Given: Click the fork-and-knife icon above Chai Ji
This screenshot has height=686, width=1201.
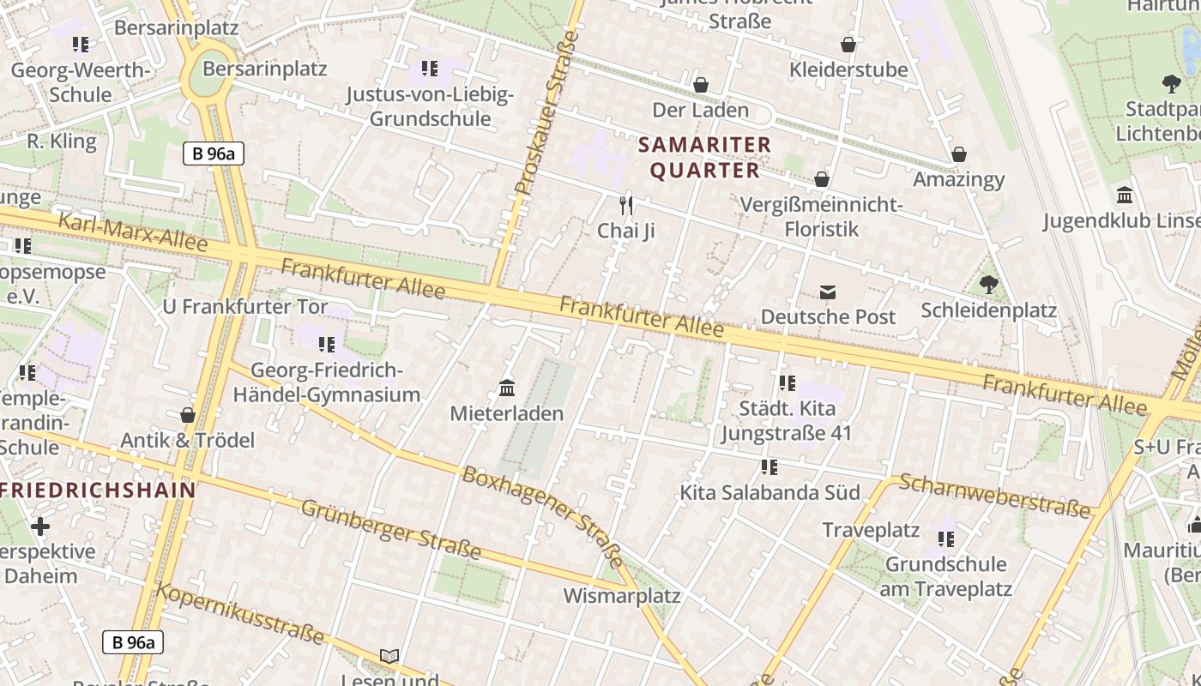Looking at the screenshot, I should coord(626,205).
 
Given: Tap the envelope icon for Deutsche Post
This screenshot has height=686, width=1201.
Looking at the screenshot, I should coord(828,292).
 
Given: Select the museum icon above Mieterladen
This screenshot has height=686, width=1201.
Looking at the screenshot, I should coord(507,389).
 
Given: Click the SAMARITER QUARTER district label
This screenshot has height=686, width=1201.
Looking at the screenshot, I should coord(705,157).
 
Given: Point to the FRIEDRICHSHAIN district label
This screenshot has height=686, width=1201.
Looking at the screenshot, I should coord(99,490).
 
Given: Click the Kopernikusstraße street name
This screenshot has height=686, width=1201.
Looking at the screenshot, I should coord(240,613).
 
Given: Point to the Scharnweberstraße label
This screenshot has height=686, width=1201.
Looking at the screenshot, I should coord(995,496).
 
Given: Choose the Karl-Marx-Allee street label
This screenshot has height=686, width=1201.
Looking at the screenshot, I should coord(132,232).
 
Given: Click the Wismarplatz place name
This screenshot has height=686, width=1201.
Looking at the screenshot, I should coord(621,595).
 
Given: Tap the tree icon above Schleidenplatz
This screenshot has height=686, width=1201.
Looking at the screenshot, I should coord(988,284).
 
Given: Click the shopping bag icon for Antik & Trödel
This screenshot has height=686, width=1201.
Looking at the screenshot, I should coord(188,415).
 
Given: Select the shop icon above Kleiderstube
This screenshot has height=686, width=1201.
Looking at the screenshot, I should coord(848,45).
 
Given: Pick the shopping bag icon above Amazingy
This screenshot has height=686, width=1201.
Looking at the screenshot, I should coord(959,154).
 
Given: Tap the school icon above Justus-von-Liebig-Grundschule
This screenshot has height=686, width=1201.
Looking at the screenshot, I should coord(429,69).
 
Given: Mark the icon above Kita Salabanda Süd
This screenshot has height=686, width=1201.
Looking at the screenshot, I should coord(769,467).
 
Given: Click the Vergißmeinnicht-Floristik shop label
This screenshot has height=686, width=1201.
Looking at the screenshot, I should coord(822,217).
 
